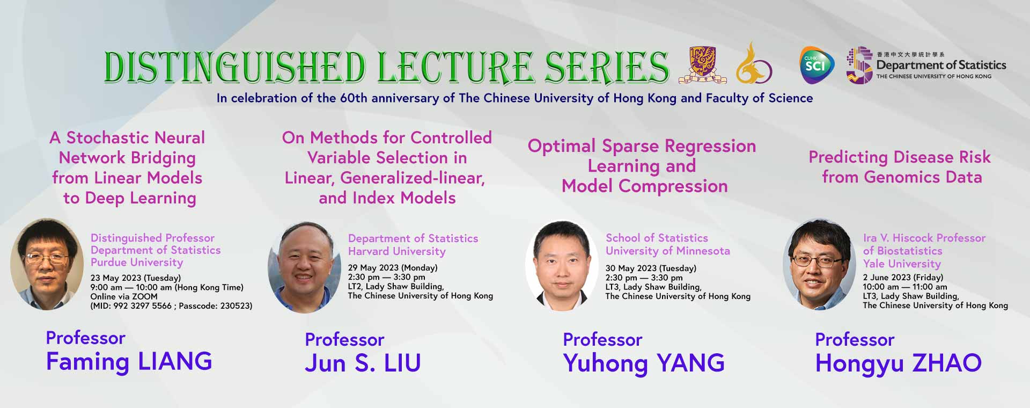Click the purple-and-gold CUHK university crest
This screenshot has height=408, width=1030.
[x=702, y=65]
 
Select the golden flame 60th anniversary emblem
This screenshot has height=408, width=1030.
[x=754, y=63]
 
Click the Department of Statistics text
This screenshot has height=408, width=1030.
[x=941, y=65]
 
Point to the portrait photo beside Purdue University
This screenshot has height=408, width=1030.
[x=47, y=264]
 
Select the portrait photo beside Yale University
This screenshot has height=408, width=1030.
[x=819, y=265]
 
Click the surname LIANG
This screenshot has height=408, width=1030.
[x=175, y=361]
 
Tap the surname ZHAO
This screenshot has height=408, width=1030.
[x=947, y=363]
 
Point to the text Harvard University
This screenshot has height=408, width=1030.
[x=397, y=251]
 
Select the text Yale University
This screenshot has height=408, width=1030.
[x=902, y=264]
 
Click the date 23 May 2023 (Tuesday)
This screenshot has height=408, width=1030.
[x=136, y=278]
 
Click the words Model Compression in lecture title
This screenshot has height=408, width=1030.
[x=644, y=186]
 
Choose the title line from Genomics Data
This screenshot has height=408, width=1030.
[x=902, y=177]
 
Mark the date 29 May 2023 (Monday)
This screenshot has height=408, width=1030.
[x=393, y=268]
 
